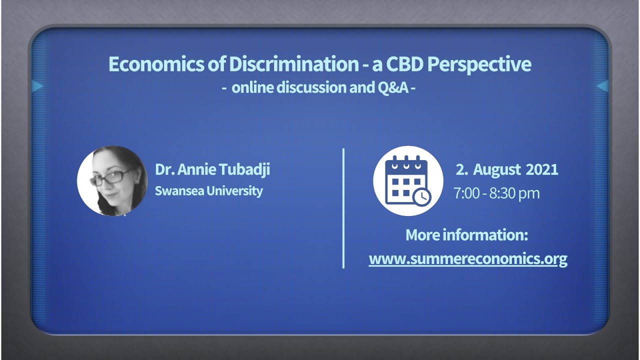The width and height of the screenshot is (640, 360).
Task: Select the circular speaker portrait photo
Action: point(112,181)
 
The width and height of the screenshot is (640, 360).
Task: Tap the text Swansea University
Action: point(208,191)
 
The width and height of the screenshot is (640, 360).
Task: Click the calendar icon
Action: point(407,181)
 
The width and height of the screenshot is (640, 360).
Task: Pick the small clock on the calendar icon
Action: point(421,196)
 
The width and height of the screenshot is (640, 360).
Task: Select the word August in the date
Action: point(496,169)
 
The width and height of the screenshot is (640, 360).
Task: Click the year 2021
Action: point(541,169)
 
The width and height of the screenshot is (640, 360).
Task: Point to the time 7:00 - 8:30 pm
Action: point(496,193)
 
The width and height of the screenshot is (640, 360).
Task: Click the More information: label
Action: point(466,234)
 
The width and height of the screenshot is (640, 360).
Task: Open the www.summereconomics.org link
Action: point(467,259)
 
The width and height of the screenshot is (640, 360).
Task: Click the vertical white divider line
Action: point(343,208)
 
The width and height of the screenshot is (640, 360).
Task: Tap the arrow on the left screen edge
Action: point(37,86)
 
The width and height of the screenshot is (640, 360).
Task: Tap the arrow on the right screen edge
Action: point(602,86)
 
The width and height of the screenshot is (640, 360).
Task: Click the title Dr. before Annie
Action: point(163,169)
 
